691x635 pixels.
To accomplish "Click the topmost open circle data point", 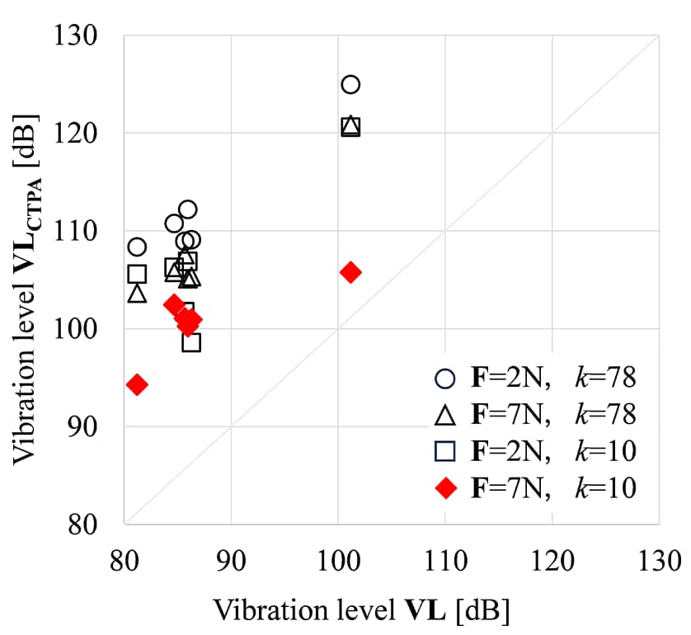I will pos(350,84).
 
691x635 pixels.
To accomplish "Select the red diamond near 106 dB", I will pos(350,272).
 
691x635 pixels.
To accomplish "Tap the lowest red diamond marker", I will pos(137,384).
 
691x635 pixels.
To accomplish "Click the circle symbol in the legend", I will pos(445,379).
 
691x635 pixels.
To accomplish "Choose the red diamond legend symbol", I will pos(445,488).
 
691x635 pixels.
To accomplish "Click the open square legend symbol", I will pos(445,451).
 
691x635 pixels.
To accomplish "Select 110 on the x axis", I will pos(444,562).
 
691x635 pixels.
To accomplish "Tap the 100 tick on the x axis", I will pos(337,562).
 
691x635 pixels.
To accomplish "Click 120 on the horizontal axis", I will pos(552,562).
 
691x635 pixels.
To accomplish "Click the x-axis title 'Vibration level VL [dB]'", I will pos(361,611).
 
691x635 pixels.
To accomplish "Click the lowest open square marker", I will pos(191,341).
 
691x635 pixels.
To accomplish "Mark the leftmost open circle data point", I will pos(137,247).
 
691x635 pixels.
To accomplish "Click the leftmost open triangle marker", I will pos(137,293).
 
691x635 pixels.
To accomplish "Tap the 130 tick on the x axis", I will pos(658,562).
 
